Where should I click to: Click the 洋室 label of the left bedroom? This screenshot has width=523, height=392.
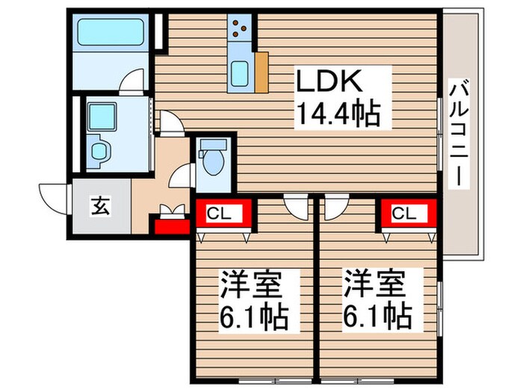coord(249,285)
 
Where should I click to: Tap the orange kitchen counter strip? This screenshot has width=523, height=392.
coord(261,73)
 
